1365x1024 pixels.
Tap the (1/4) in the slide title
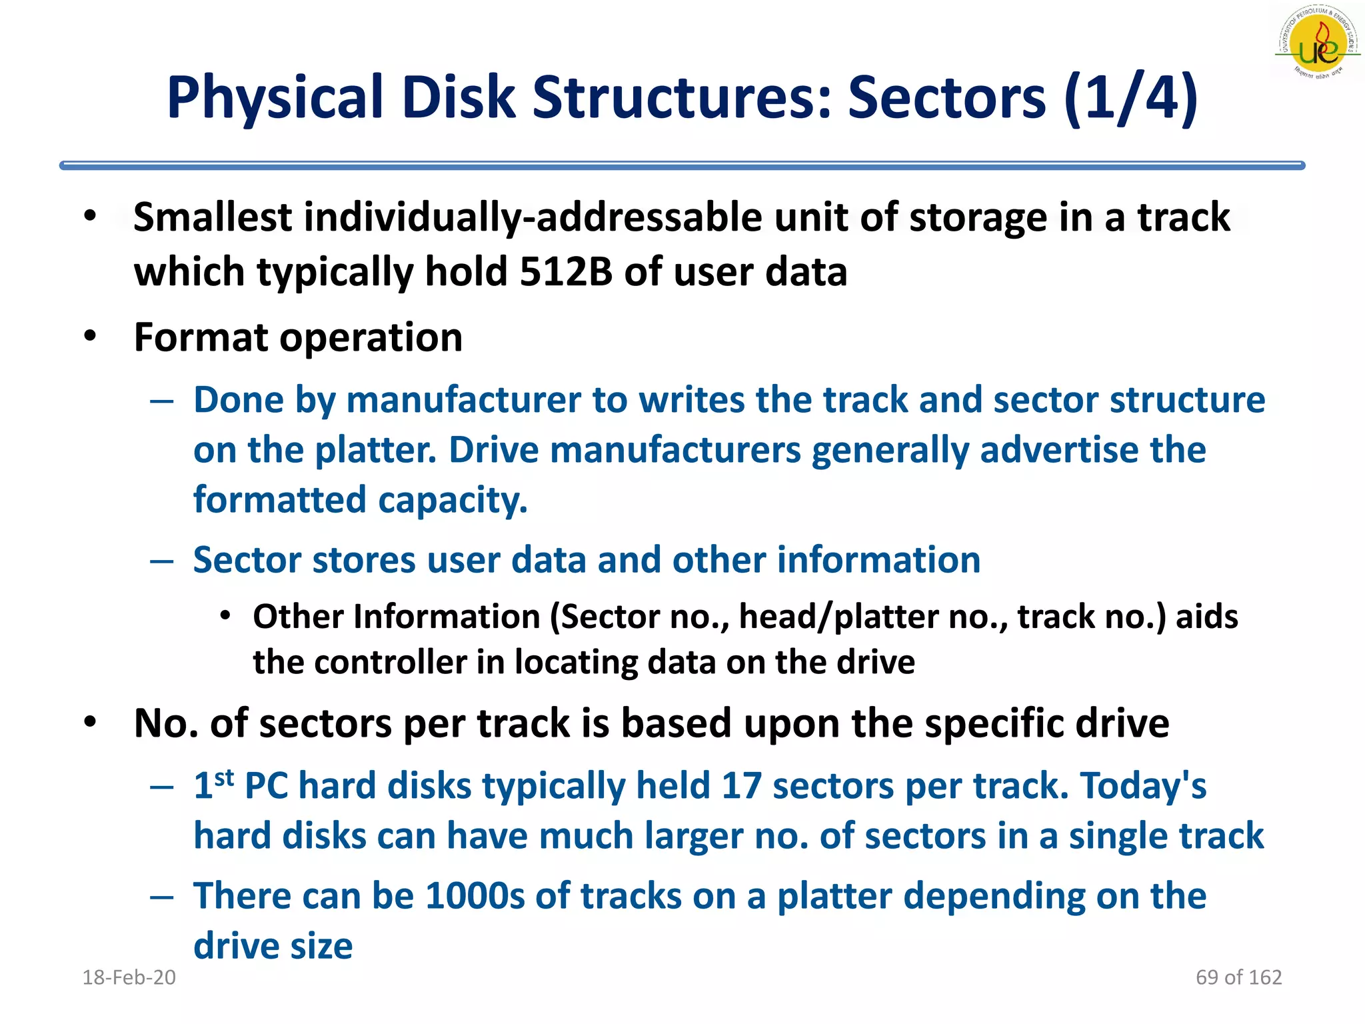coord(1131,98)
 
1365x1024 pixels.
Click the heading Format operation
coord(298,337)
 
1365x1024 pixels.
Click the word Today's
coord(1142,785)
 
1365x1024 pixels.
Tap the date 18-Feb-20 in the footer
coord(129,977)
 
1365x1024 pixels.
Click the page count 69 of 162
coord(1238,977)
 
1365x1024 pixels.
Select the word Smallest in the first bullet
coord(213,218)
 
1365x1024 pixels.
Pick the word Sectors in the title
coord(946,98)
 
